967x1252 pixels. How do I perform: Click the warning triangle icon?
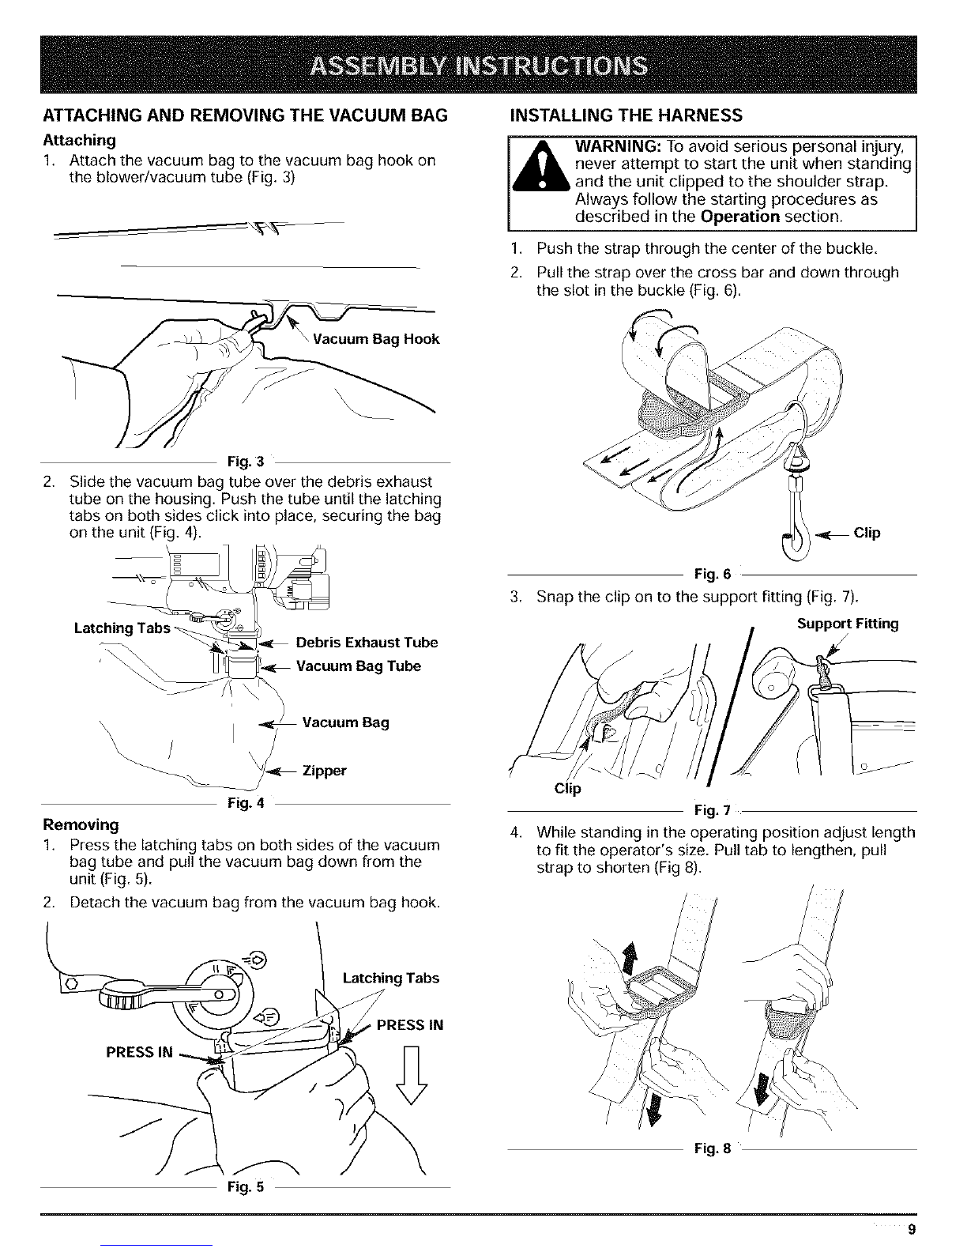[x=541, y=167]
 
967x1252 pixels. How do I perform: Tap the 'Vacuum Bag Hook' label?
[x=376, y=339]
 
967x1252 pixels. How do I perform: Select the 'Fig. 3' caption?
[x=246, y=462]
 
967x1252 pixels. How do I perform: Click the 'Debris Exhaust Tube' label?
[x=367, y=643]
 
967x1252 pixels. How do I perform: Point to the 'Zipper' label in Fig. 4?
[x=324, y=771]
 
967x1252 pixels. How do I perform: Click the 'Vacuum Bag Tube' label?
[x=358, y=666]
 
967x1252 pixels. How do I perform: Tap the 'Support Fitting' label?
[x=848, y=624]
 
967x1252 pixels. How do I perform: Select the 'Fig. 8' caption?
[x=713, y=1149]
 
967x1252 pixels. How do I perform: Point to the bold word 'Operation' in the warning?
[x=740, y=217]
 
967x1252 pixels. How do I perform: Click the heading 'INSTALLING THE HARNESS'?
[x=626, y=115]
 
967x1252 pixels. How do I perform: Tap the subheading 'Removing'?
[x=81, y=824]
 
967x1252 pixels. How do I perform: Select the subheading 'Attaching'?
[x=80, y=141]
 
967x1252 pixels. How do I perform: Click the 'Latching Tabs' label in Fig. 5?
[x=390, y=978]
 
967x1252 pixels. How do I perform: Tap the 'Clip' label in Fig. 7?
[x=567, y=788]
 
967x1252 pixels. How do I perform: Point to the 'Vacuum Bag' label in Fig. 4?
[x=345, y=722]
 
